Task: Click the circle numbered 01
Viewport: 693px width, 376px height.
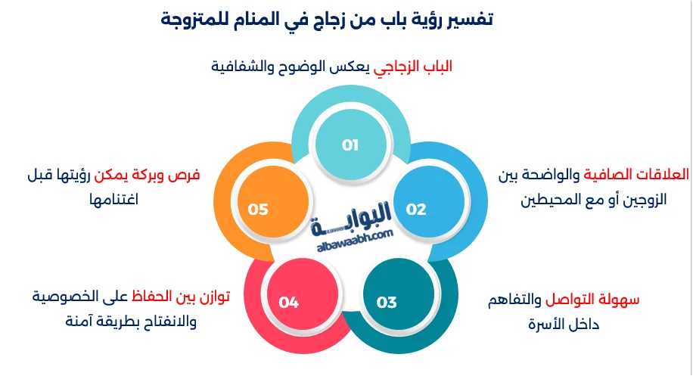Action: coord(350,145)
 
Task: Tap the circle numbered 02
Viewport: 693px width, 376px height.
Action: coord(416,210)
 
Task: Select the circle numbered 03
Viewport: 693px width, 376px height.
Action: coord(387,303)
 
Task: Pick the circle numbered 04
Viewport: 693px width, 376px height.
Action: coord(288,303)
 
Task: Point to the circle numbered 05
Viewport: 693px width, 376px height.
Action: coord(259,210)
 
